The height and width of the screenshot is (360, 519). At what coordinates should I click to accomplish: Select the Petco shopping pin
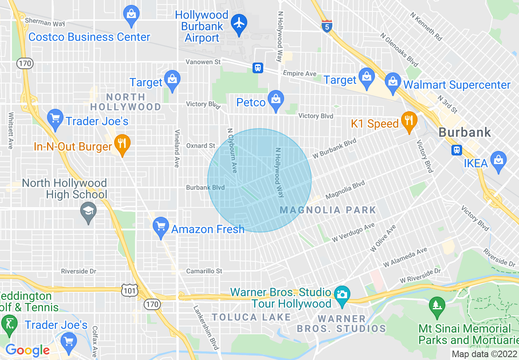click(x=276, y=99)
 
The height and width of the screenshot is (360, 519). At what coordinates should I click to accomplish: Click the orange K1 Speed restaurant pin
click(x=408, y=121)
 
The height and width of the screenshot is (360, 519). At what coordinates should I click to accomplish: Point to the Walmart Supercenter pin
click(x=393, y=82)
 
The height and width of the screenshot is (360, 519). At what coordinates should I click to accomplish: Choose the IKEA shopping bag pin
click(x=498, y=160)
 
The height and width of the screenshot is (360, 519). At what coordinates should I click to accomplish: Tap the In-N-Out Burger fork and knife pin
click(x=122, y=144)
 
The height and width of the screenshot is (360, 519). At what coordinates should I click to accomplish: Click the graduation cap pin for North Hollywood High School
click(x=88, y=212)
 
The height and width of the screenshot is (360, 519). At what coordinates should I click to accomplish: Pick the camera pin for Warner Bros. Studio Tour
click(x=342, y=295)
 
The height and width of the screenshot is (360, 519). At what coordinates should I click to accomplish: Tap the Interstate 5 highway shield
click(x=326, y=26)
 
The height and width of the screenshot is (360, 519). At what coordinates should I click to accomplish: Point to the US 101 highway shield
click(x=129, y=290)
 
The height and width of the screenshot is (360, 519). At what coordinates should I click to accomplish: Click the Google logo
click(x=27, y=350)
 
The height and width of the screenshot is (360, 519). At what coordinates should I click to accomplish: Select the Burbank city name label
click(x=464, y=132)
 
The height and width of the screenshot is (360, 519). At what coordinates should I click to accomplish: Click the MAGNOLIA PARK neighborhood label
click(x=328, y=210)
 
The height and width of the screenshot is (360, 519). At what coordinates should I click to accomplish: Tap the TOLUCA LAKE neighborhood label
click(x=251, y=317)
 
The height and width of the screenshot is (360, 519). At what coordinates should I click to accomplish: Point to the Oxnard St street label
click(x=201, y=146)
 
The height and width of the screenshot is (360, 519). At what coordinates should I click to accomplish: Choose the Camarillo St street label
click(x=204, y=271)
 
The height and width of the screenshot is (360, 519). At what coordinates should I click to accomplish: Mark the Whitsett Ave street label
click(x=11, y=130)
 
